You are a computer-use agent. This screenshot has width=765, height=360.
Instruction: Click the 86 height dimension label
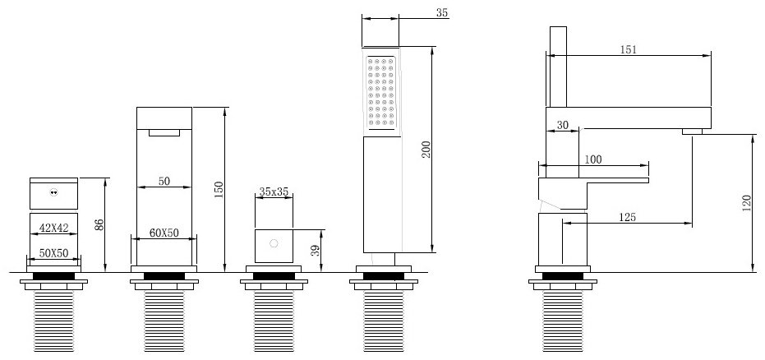tap(99, 225)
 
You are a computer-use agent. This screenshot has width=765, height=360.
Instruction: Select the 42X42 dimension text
tap(53, 228)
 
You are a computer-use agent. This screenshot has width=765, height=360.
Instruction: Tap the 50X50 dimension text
tap(53, 252)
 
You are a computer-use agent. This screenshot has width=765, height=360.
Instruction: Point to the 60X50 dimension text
tap(164, 233)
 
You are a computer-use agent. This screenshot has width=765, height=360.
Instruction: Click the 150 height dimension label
tap(219, 190)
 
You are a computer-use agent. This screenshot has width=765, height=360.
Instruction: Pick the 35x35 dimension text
tap(274, 192)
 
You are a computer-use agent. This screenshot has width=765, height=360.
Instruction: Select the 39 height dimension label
tap(316, 251)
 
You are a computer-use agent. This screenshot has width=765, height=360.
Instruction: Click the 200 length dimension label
tap(426, 150)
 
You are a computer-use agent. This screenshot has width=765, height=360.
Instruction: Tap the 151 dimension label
tap(629, 49)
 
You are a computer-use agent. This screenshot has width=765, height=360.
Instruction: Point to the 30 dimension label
tap(563, 125)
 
